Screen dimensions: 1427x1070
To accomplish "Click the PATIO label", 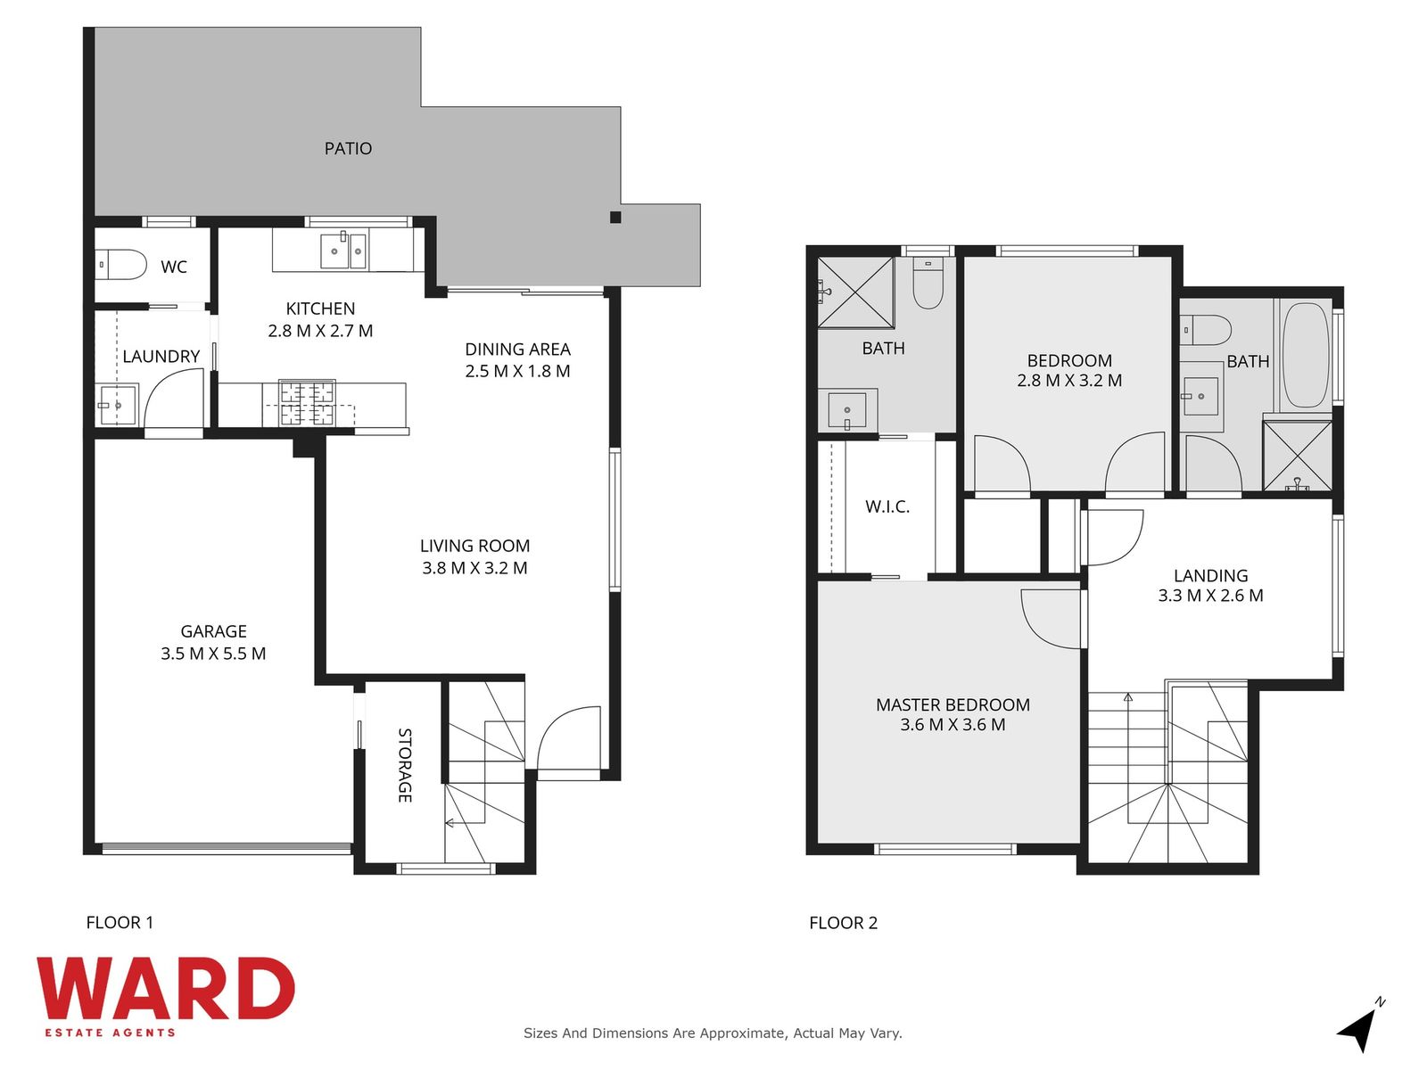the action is click(348, 149).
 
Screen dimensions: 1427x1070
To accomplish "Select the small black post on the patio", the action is click(615, 218).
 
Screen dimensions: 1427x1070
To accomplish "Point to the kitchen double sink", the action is click(344, 251).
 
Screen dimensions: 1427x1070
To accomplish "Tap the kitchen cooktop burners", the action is click(307, 403).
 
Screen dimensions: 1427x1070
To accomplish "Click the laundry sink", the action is click(117, 406).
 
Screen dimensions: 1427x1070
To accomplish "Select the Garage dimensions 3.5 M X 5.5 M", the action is click(213, 654).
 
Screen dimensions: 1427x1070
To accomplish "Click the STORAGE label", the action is click(404, 765).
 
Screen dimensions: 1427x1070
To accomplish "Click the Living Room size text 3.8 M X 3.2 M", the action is click(474, 568).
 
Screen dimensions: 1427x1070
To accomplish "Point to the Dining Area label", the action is click(517, 350).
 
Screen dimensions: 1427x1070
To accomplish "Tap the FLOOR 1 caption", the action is click(120, 923).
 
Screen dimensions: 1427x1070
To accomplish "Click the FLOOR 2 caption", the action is click(843, 923).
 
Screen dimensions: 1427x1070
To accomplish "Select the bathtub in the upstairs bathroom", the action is click(1306, 355).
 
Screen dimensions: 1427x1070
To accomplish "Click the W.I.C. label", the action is click(887, 506).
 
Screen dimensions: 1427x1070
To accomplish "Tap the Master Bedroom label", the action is click(953, 705).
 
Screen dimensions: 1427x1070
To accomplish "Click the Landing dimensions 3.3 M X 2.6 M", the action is click(1210, 596).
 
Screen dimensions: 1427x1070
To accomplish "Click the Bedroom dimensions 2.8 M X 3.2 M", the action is click(1069, 381).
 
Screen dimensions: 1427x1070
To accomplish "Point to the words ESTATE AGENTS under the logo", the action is click(111, 1033).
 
